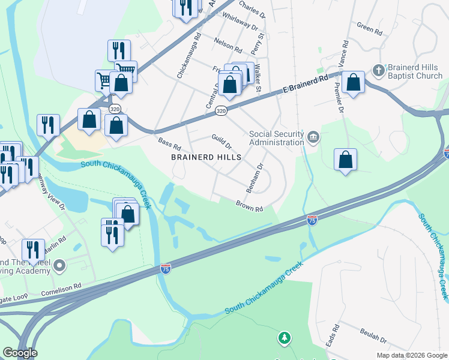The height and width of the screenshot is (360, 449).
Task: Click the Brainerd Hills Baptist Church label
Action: tap(415, 71)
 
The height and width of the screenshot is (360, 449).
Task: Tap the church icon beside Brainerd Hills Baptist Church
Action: tap(378, 70)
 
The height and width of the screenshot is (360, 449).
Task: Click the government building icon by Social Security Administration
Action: tap(313, 138)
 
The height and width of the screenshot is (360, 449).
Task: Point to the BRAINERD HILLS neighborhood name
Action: tap(206, 157)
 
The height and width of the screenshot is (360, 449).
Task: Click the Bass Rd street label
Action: tap(169, 145)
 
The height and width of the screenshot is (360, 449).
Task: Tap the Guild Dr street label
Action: tap(221, 142)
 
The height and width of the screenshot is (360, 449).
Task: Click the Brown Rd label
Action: tap(249, 206)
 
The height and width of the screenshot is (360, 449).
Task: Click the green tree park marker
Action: tap(284, 339)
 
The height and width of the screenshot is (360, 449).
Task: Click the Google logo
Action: tap(20, 353)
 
